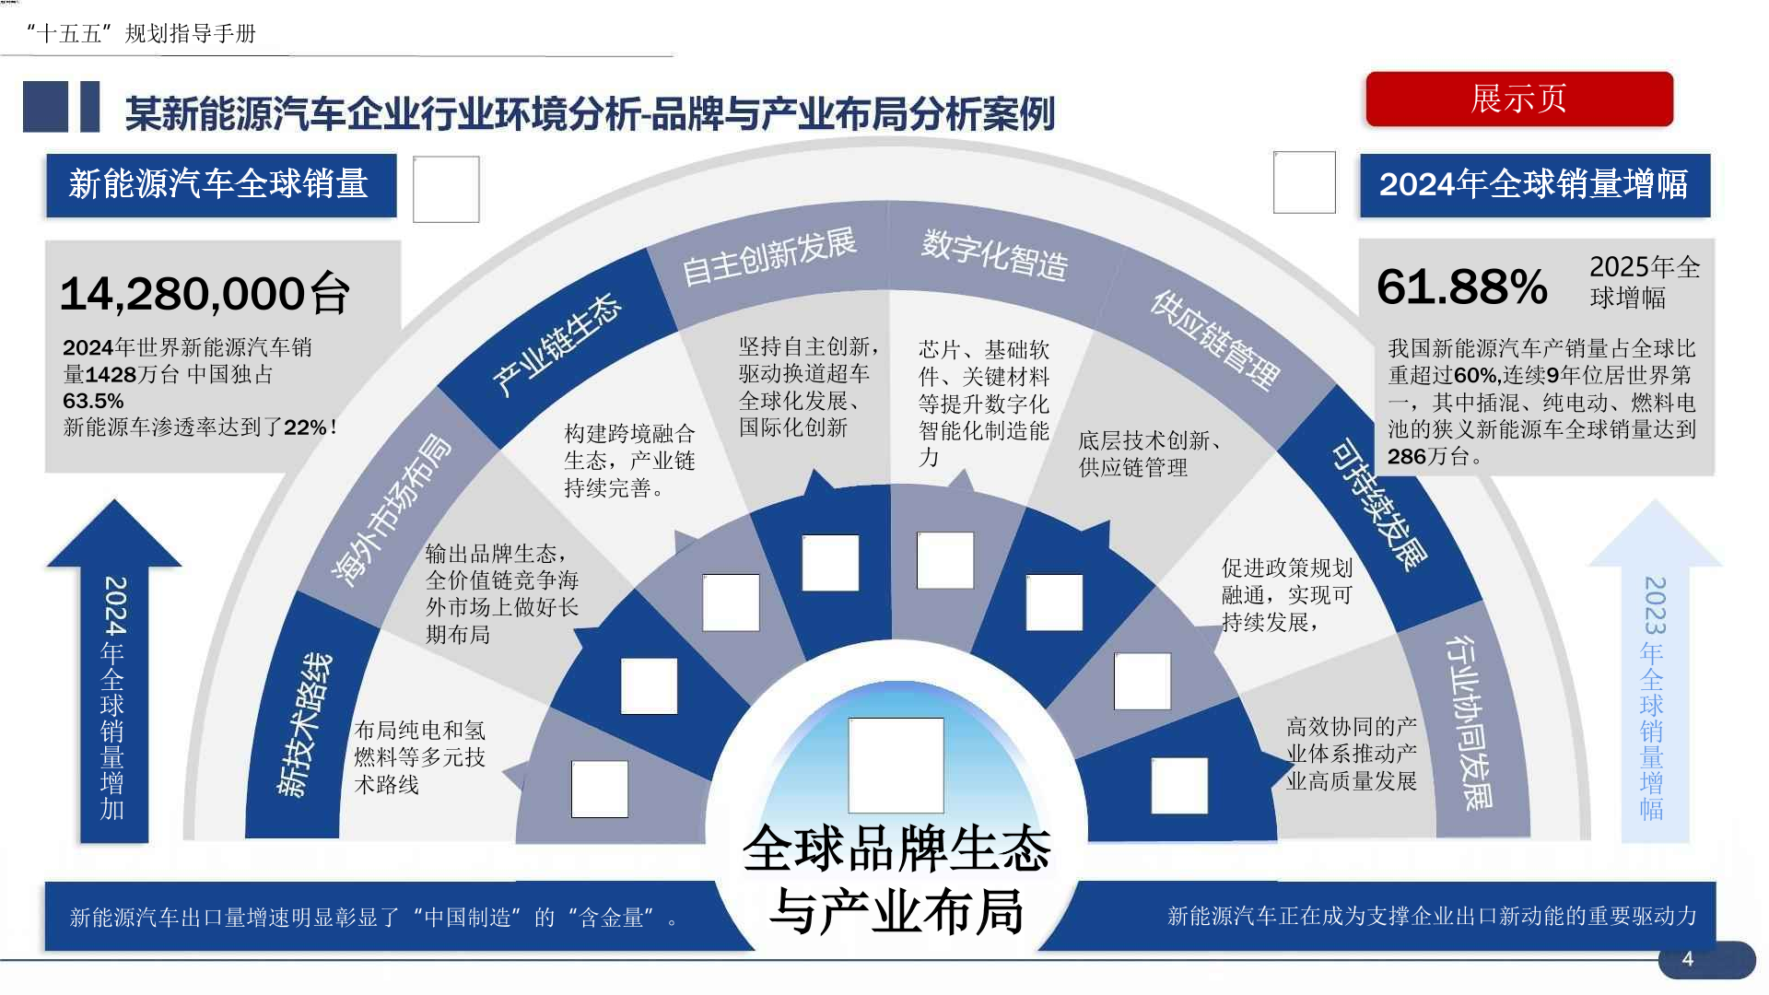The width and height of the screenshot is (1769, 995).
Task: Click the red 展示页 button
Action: click(1518, 99)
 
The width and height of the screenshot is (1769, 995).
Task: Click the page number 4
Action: click(1687, 959)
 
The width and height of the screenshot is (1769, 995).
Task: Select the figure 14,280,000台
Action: click(205, 294)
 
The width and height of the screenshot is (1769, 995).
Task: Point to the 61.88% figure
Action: click(1461, 287)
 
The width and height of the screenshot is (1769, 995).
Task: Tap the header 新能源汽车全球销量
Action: click(220, 184)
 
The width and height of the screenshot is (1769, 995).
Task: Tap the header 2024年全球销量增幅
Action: click(1534, 184)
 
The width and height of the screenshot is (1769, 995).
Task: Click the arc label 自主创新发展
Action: click(768, 256)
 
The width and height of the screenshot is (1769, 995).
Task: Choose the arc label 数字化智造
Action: click(994, 254)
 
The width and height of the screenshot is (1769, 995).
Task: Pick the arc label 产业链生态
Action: click(556, 345)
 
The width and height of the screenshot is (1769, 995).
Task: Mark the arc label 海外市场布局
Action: click(392, 509)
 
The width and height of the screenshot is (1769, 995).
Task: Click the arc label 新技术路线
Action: click(305, 724)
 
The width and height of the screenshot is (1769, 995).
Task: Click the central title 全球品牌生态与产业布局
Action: click(896, 879)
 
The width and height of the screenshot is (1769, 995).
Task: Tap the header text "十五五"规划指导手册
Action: click(141, 34)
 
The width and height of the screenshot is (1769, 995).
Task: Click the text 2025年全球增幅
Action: click(1644, 282)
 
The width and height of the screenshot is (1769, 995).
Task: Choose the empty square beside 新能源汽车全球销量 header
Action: click(446, 189)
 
